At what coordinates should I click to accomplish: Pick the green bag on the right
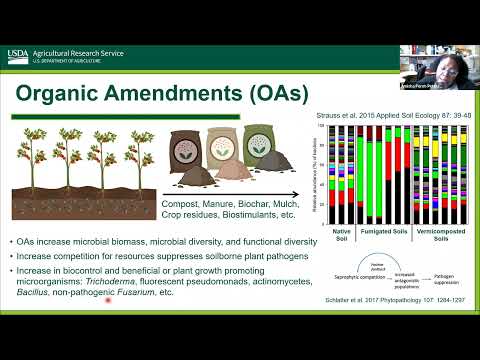[x=265, y=151]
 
